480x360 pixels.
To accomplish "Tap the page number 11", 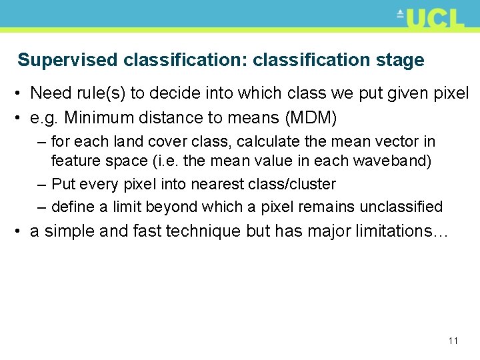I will point(453,341).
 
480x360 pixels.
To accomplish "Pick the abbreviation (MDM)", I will point(311,118).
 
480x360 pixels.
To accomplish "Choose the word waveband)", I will point(394,161).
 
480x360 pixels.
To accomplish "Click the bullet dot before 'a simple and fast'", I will point(21,231).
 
